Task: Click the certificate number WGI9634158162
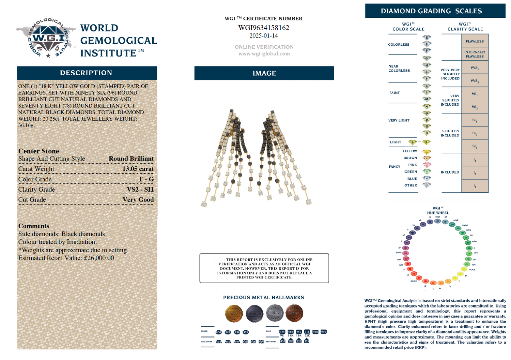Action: pyautogui.click(x=264, y=28)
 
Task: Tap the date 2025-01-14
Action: pyautogui.click(x=264, y=35)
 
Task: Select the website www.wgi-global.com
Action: pyautogui.click(x=264, y=54)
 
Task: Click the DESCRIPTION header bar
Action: pyautogui.click(x=87, y=73)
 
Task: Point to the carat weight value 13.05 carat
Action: pyautogui.click(x=138, y=169)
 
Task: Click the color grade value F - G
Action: pyautogui.click(x=146, y=179)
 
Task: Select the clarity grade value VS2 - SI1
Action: pyautogui.click(x=140, y=189)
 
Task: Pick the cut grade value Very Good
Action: pyautogui.click(x=138, y=199)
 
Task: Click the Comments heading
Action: pyautogui.click(x=34, y=226)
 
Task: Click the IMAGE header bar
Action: pyautogui.click(x=264, y=73)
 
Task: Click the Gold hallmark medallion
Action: pyautogui.click(x=234, y=313)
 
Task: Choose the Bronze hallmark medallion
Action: pyautogui.click(x=294, y=313)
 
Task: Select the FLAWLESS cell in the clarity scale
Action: pyautogui.click(x=475, y=41)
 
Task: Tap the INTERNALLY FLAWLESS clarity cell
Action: pyautogui.click(x=475, y=54)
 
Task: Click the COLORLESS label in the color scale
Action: pyautogui.click(x=399, y=45)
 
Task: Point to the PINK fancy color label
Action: pyautogui.click(x=413, y=165)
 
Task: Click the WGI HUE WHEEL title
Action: pyautogui.click(x=438, y=210)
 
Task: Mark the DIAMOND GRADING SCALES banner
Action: pyautogui.click(x=431, y=11)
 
